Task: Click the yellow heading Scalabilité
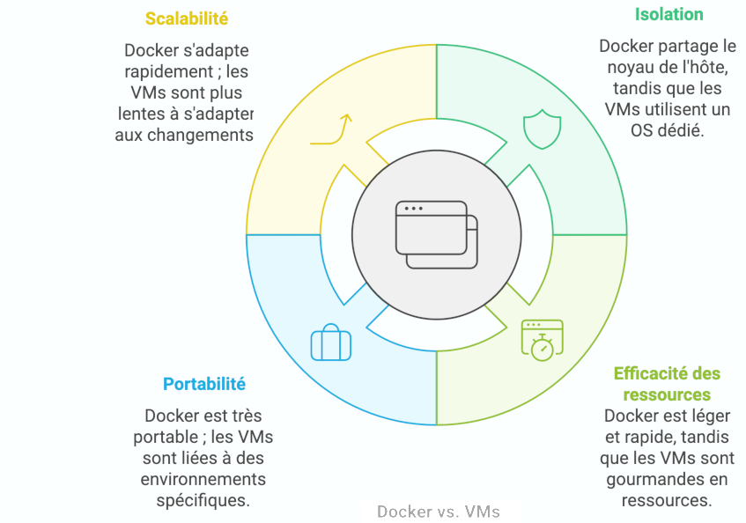(x=186, y=18)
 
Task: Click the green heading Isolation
(x=668, y=14)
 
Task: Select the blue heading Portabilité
(x=203, y=384)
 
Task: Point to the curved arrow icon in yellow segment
(x=333, y=129)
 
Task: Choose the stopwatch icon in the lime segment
(x=542, y=339)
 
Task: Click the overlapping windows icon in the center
(x=436, y=234)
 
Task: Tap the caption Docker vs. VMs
(x=438, y=512)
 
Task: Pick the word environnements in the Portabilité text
(x=203, y=479)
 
